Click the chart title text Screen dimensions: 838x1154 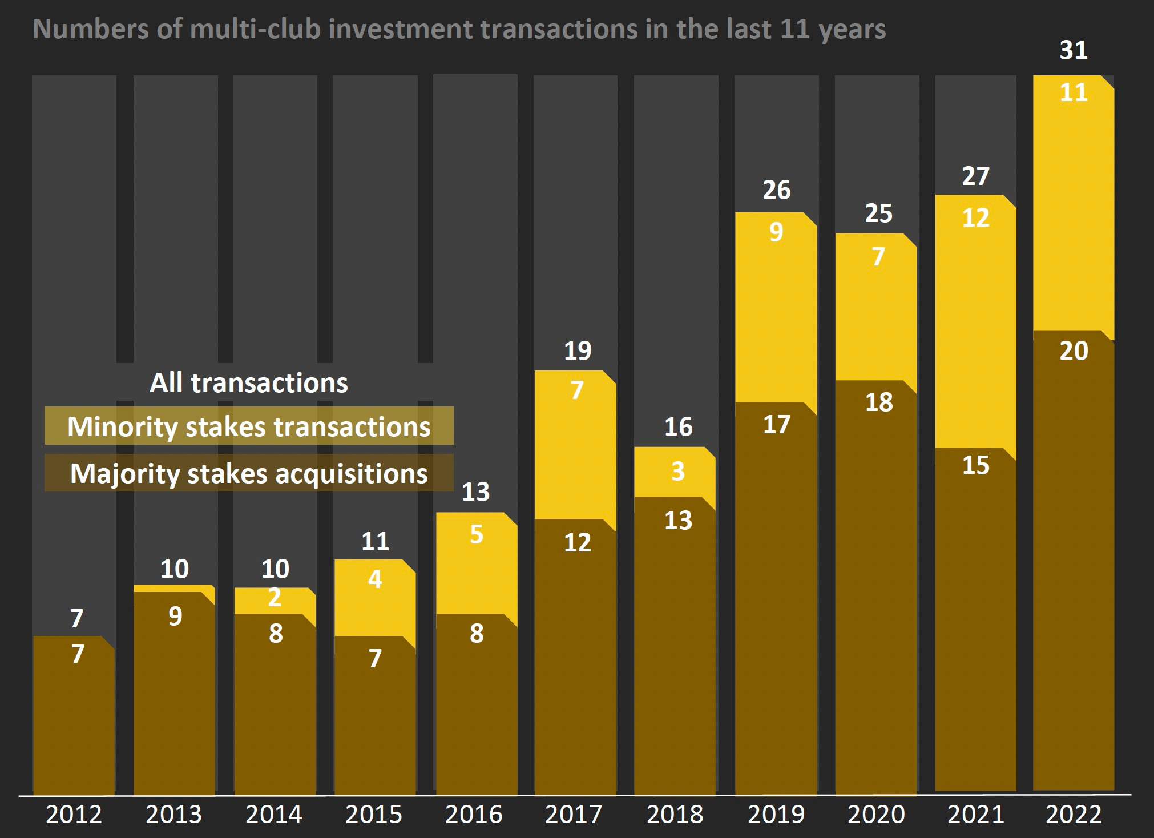click(459, 29)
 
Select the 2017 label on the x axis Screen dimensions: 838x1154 click(574, 814)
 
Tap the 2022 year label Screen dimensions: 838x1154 click(1074, 814)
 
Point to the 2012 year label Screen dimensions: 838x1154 click(74, 814)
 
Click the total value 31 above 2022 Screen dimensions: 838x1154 click(1074, 50)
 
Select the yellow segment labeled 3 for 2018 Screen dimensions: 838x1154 click(676, 472)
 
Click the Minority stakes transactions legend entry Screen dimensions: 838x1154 click(249, 426)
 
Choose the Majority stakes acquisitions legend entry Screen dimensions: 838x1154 click(249, 473)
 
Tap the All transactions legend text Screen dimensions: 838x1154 click(249, 382)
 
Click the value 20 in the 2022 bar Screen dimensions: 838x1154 click(1074, 350)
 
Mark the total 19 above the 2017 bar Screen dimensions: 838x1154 click(577, 350)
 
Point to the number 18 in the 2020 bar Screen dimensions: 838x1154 click(878, 402)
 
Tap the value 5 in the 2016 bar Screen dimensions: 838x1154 click(477, 535)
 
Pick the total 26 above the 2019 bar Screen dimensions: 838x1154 click(777, 190)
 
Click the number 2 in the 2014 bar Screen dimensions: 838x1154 click(275, 598)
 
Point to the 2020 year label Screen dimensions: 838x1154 click(876, 814)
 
